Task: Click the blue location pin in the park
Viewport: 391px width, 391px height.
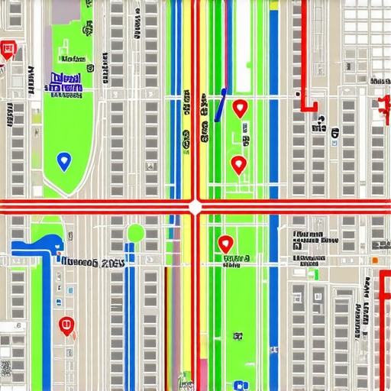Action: [x=63, y=160]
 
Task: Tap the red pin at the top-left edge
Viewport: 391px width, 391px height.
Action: [x=8, y=50]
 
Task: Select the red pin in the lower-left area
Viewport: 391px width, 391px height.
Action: [x=67, y=325]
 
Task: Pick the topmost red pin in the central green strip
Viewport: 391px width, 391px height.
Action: [x=240, y=108]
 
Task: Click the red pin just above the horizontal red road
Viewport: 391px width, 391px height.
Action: [x=238, y=163]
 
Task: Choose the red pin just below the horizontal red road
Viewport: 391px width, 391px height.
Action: [x=225, y=244]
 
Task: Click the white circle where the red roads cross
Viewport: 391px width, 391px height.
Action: [x=195, y=206]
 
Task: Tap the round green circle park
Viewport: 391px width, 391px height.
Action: [x=136, y=233]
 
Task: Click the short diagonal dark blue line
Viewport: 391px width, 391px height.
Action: [x=221, y=105]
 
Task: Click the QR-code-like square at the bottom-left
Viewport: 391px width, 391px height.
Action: [x=6, y=367]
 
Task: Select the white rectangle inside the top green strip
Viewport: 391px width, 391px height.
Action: [x=242, y=46]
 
